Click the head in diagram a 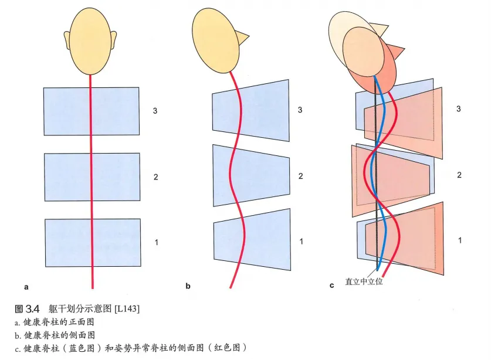pos(92,38)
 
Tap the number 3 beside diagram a pos(155,111)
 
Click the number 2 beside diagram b pos(300,176)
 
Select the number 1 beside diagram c pos(459,240)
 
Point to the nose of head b pos(241,38)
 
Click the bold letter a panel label pos(26,287)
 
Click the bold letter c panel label pos(332,286)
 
